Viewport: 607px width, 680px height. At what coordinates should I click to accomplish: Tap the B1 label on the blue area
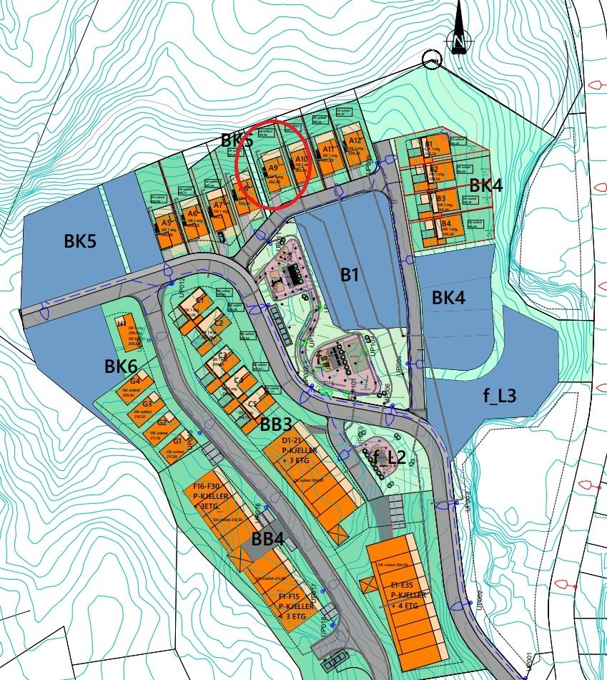pos(349,276)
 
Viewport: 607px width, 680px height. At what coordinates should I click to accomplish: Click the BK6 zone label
pos(121,366)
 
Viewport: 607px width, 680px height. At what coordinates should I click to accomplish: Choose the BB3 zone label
pos(275,424)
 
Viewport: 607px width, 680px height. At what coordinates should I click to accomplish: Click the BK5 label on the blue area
pos(80,241)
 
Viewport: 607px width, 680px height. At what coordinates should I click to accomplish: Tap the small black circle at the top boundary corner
pos(431,60)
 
